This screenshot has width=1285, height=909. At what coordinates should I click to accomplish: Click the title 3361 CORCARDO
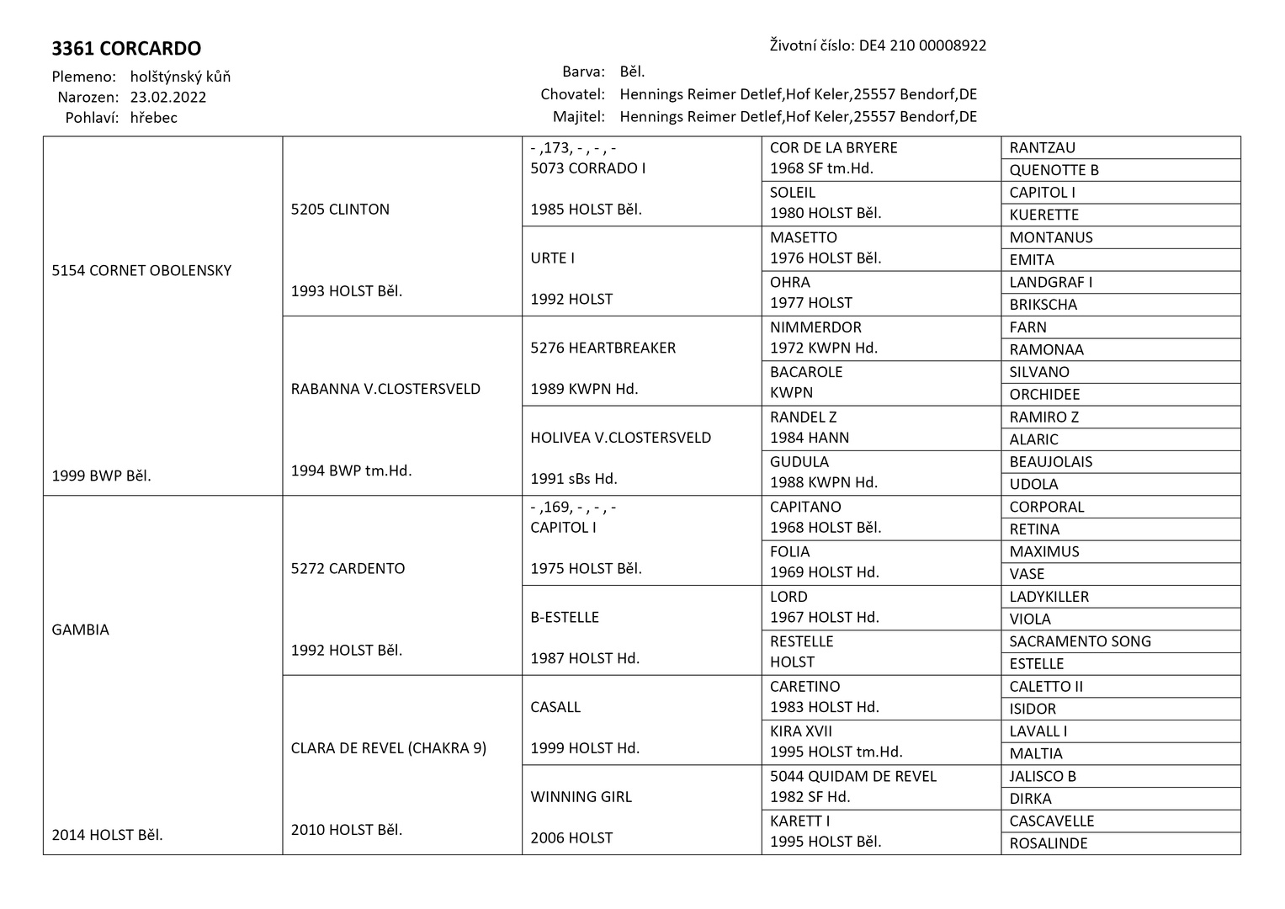click(x=126, y=49)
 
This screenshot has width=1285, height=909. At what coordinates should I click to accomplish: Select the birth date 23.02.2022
click(x=168, y=97)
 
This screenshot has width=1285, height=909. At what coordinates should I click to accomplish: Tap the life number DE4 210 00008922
click(x=922, y=45)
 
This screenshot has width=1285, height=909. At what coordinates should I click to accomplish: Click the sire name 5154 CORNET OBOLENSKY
click(x=141, y=270)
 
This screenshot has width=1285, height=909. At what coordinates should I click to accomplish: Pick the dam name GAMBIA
click(x=80, y=630)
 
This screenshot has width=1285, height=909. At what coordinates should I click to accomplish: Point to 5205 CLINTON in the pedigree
click(x=340, y=209)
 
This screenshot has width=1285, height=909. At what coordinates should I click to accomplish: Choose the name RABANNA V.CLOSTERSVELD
click(x=385, y=389)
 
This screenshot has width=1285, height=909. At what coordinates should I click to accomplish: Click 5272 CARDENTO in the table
click(x=348, y=568)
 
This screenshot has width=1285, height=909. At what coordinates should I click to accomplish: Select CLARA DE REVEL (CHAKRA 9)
click(x=388, y=747)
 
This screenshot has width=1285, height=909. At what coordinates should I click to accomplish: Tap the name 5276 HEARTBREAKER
click(x=603, y=348)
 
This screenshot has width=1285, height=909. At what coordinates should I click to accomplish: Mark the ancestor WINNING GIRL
click(x=581, y=796)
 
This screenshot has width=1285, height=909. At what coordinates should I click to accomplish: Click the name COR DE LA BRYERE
click(x=833, y=147)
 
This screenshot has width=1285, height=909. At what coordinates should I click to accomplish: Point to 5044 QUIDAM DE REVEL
click(x=852, y=776)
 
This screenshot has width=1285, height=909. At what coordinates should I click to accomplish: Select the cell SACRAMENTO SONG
click(x=1080, y=641)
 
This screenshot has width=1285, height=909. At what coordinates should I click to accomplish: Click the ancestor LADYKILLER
click(x=1049, y=597)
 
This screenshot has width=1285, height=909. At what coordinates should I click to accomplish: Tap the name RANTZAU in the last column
click(x=1042, y=147)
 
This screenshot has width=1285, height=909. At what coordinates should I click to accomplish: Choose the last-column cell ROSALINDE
click(x=1049, y=843)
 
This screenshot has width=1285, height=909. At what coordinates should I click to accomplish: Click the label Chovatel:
click(x=572, y=94)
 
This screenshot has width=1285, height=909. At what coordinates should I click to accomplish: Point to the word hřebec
click(x=153, y=118)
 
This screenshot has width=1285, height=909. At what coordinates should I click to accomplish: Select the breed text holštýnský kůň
click(x=180, y=77)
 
